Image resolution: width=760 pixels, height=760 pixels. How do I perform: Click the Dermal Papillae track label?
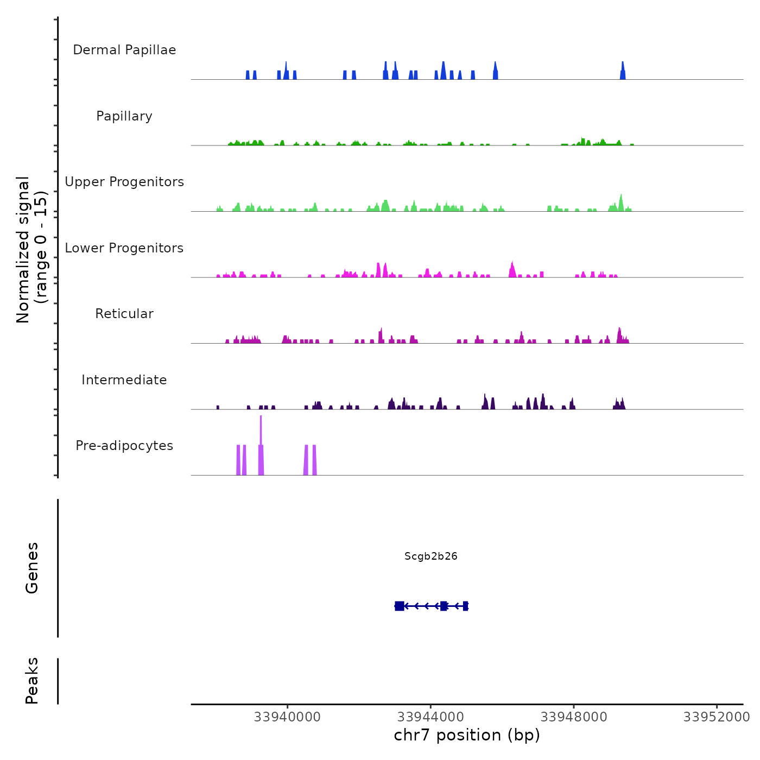click(x=124, y=50)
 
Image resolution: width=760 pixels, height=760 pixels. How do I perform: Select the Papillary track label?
click(x=124, y=116)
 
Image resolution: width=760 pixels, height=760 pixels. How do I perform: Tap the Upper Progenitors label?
click(x=124, y=182)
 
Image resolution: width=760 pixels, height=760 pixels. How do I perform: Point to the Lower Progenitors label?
click(x=124, y=248)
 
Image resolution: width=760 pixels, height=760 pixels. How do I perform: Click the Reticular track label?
click(x=124, y=314)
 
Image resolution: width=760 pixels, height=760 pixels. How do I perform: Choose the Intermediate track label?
click(x=124, y=380)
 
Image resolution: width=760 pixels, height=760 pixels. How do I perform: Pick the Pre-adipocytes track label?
click(x=124, y=446)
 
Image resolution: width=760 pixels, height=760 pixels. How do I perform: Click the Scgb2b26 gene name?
click(x=431, y=556)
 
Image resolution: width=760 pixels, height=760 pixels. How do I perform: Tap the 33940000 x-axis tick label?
click(x=287, y=717)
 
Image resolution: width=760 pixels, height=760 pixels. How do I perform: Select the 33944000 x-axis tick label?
click(x=430, y=717)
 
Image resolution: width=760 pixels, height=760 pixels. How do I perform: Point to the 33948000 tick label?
click(x=574, y=717)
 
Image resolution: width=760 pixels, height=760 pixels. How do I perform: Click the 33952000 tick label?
click(x=717, y=717)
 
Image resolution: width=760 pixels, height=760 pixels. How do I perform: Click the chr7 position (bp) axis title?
click(x=467, y=735)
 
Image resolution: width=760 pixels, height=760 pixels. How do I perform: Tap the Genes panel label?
click(x=32, y=568)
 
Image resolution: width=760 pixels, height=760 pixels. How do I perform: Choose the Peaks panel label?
click(x=32, y=681)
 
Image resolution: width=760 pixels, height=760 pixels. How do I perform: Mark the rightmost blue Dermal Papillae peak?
click(x=623, y=72)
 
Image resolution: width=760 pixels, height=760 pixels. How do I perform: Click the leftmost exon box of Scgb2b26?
click(x=400, y=606)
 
